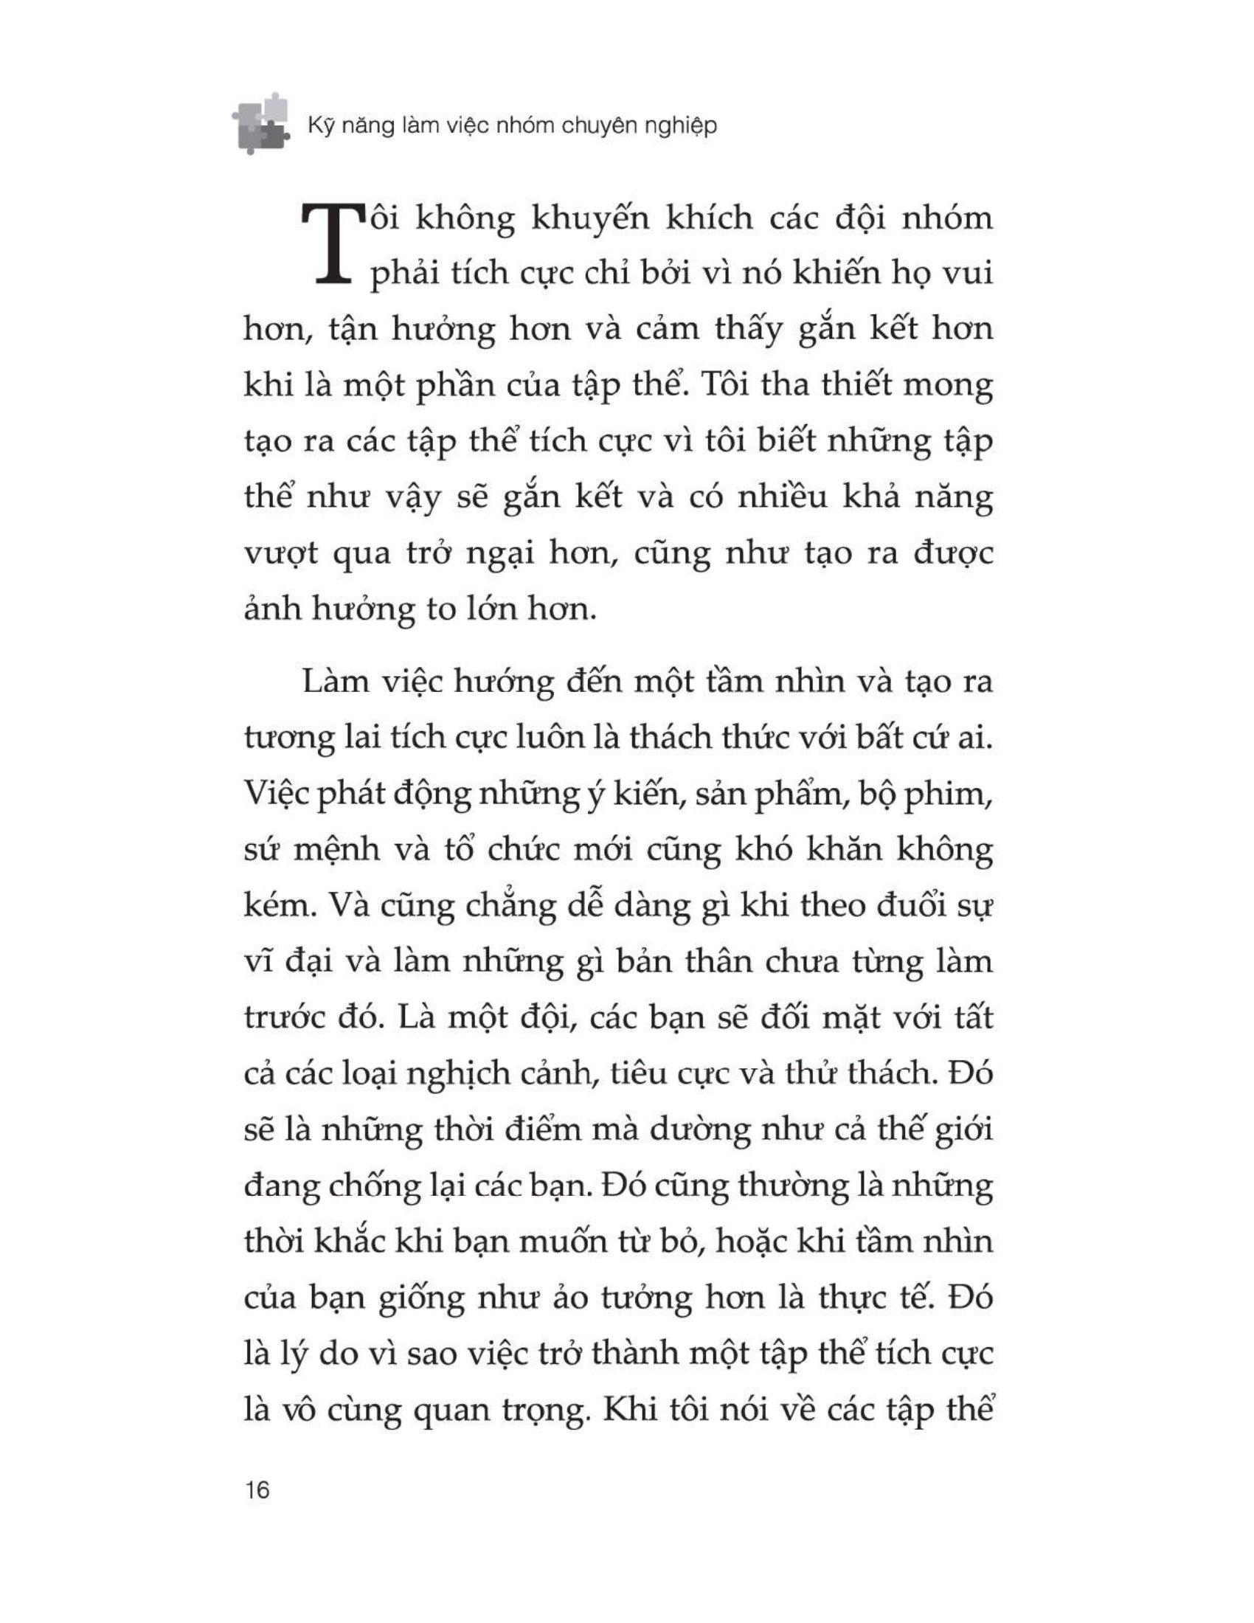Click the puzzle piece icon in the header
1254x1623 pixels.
[x=259, y=123]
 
